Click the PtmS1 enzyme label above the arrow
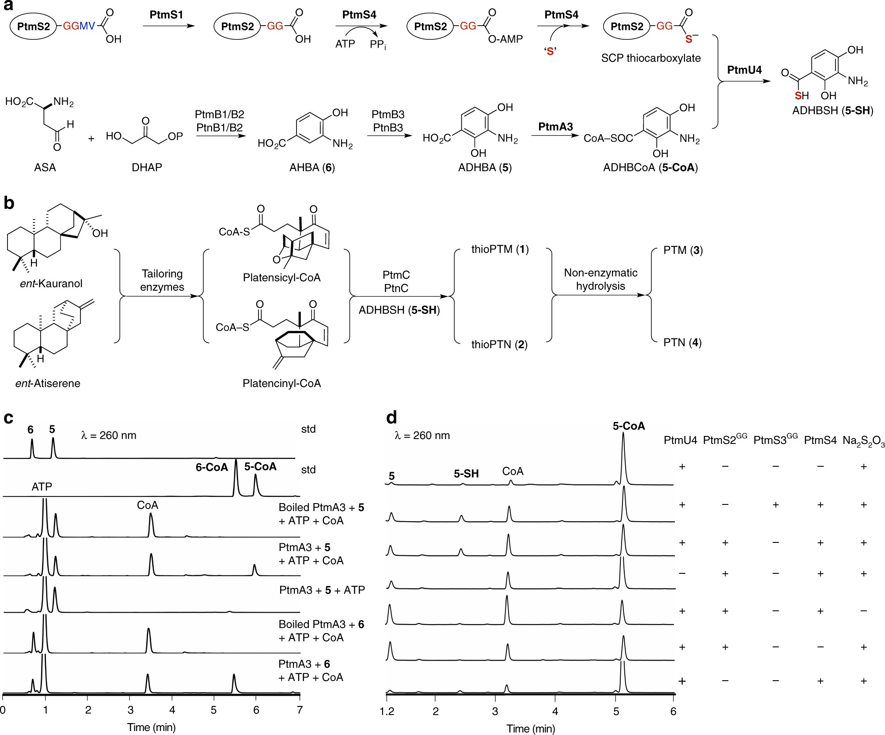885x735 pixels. tap(166, 15)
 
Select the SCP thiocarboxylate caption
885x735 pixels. tap(650, 58)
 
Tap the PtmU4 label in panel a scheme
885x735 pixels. tap(744, 70)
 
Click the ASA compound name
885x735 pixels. tap(45, 167)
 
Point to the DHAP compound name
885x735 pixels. tap(147, 167)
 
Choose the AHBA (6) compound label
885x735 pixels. tap(312, 167)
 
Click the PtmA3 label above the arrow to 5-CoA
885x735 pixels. tap(555, 127)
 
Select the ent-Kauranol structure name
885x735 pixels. tap(51, 284)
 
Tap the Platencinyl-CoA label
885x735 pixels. tap(281, 383)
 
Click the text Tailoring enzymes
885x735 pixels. tap(162, 280)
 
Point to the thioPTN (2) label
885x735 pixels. tap(499, 344)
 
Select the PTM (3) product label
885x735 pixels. tap(683, 250)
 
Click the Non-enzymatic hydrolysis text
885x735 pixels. tap(600, 279)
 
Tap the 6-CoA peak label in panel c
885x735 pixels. tap(212, 467)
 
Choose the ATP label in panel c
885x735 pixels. tap(42, 487)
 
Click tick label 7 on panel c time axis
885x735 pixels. tap(300, 710)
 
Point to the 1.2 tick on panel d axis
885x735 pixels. tap(387, 711)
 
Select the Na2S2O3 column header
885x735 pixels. tap(863, 441)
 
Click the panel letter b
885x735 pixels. tap(9, 203)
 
